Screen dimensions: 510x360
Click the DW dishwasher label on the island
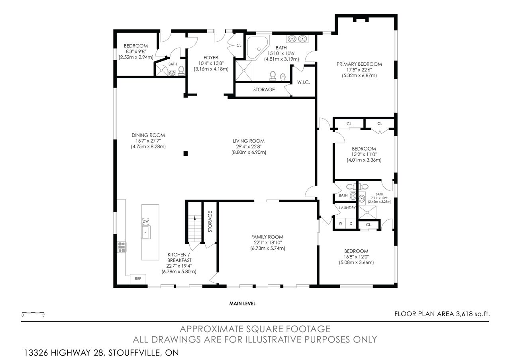tap(145, 221)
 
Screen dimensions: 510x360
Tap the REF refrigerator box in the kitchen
tap(138, 279)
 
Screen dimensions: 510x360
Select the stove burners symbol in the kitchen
tap(122, 247)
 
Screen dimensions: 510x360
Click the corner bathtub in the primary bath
tap(257, 47)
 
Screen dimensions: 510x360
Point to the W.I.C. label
tap(304, 82)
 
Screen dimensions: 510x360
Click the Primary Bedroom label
tap(359, 64)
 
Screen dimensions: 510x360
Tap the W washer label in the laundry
tap(340, 223)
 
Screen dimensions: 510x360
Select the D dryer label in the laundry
tap(351, 223)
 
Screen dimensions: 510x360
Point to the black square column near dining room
tap(186, 154)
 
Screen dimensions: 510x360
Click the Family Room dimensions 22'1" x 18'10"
tap(267, 243)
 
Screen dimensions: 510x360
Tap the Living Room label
tap(249, 141)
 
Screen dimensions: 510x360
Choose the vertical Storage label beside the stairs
tap(210, 221)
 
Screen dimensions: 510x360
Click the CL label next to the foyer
tap(239, 45)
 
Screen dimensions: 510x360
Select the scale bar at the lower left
tap(33, 313)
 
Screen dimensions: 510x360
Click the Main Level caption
tap(242, 303)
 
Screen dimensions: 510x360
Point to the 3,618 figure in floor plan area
tap(465, 314)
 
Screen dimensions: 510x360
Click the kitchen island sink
tap(146, 232)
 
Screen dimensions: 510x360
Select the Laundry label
tap(347, 208)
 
